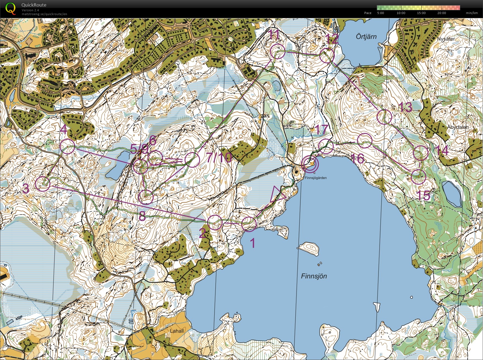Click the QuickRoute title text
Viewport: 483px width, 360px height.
34,5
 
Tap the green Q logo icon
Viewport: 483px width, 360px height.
10,8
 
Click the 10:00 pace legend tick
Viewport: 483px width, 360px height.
401,13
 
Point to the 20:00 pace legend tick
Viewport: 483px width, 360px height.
441,13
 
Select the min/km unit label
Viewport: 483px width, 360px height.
472,13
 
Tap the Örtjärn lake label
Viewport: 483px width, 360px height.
366,37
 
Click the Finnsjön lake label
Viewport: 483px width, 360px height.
314,276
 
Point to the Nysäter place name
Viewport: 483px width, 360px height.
446,39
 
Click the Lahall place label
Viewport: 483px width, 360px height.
177,331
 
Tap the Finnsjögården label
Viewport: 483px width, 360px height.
315,178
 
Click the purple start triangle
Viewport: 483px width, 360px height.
277,194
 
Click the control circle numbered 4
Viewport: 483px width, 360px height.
67,146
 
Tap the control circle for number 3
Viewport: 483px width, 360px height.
43,184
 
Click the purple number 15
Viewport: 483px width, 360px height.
423,196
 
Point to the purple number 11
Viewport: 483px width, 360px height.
274,35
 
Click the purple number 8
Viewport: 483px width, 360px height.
142,216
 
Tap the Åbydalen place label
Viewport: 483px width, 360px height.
458,127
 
